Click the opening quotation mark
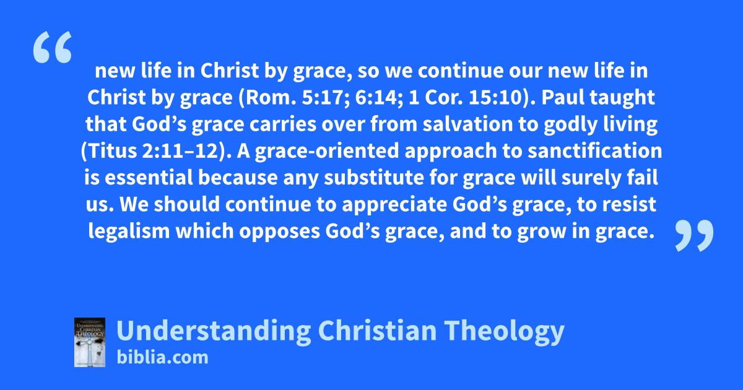[x=53, y=47]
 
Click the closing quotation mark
[x=694, y=235]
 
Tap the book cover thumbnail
[x=90, y=342]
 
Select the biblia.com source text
[x=162, y=358]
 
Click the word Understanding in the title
[x=214, y=331]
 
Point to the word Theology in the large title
[x=504, y=331]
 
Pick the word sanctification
[x=595, y=151]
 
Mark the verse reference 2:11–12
[x=180, y=151]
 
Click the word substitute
[x=374, y=178]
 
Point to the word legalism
[x=129, y=231]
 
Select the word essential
[x=149, y=178]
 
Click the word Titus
[x=113, y=151]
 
